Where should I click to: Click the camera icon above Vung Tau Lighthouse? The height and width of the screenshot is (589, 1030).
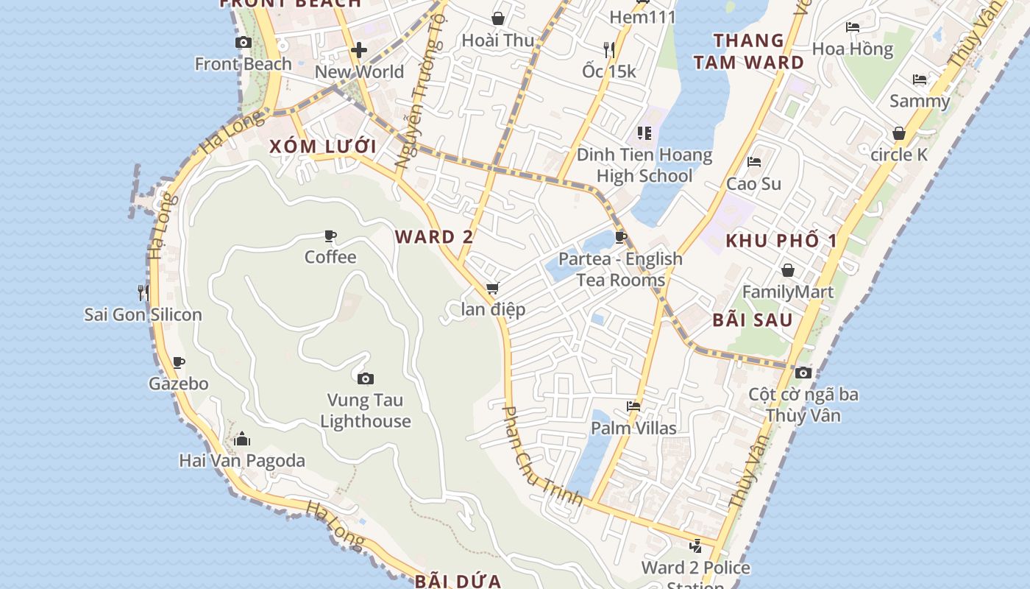(x=366, y=379)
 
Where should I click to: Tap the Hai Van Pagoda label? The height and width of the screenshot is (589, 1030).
(x=242, y=461)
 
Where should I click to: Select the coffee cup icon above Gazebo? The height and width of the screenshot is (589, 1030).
(x=179, y=362)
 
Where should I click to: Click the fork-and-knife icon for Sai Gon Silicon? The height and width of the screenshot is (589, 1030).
(x=143, y=292)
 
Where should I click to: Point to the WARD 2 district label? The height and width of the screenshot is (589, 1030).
(x=434, y=237)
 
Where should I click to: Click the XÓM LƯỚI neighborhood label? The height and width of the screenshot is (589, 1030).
(x=323, y=147)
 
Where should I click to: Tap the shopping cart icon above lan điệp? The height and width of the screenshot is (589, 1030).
(x=492, y=288)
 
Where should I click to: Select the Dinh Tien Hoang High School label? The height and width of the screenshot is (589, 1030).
(x=644, y=166)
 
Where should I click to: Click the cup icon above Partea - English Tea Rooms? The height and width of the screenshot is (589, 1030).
(x=620, y=237)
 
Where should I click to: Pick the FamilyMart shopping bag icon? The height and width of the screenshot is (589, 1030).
(x=788, y=270)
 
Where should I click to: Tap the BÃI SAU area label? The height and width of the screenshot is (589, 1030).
(x=753, y=320)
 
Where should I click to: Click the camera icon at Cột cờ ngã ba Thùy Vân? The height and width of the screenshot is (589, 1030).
(x=803, y=373)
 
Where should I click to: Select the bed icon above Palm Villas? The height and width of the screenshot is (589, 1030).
(x=633, y=406)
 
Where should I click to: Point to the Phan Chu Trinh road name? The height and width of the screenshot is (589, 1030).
(x=541, y=456)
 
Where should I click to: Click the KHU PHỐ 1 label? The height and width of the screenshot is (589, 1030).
(x=781, y=241)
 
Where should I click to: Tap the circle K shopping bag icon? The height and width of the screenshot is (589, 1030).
(x=898, y=133)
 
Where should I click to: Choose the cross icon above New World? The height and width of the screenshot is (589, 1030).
(x=359, y=50)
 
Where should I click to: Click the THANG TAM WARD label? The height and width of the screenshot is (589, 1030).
(x=749, y=52)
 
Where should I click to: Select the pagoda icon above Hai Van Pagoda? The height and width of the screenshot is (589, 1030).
(x=242, y=440)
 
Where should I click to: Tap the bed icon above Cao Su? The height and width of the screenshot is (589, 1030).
(x=753, y=162)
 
